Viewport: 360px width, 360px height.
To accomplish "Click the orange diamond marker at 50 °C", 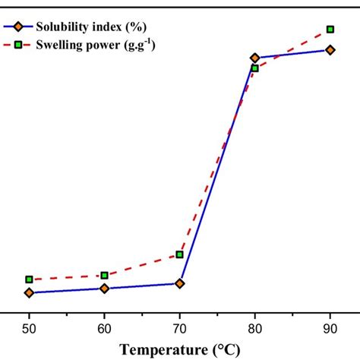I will [29, 292].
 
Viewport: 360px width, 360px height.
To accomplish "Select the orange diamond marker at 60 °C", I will [104, 289].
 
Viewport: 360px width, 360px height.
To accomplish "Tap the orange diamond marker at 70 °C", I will [179, 283].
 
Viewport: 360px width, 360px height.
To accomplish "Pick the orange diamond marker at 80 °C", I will [254, 58].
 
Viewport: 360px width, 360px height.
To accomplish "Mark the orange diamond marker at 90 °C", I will [330, 50].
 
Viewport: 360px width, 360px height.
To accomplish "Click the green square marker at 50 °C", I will [29, 279].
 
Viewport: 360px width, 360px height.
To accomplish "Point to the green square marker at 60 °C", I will [104, 275].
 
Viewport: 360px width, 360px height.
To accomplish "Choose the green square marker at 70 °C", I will [179, 254].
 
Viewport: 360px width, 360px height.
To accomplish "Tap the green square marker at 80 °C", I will [254, 68].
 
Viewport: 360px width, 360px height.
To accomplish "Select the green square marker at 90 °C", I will [330, 30].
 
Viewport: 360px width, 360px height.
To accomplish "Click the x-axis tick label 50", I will [29, 327].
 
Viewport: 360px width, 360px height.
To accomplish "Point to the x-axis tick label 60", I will [104, 327].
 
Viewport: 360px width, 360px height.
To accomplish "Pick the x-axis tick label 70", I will [179, 327].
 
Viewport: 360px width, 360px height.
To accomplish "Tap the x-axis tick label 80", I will [254, 327].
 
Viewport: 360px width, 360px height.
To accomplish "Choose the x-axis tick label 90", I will [330, 327].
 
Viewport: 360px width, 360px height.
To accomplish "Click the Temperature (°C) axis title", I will [180, 349].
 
